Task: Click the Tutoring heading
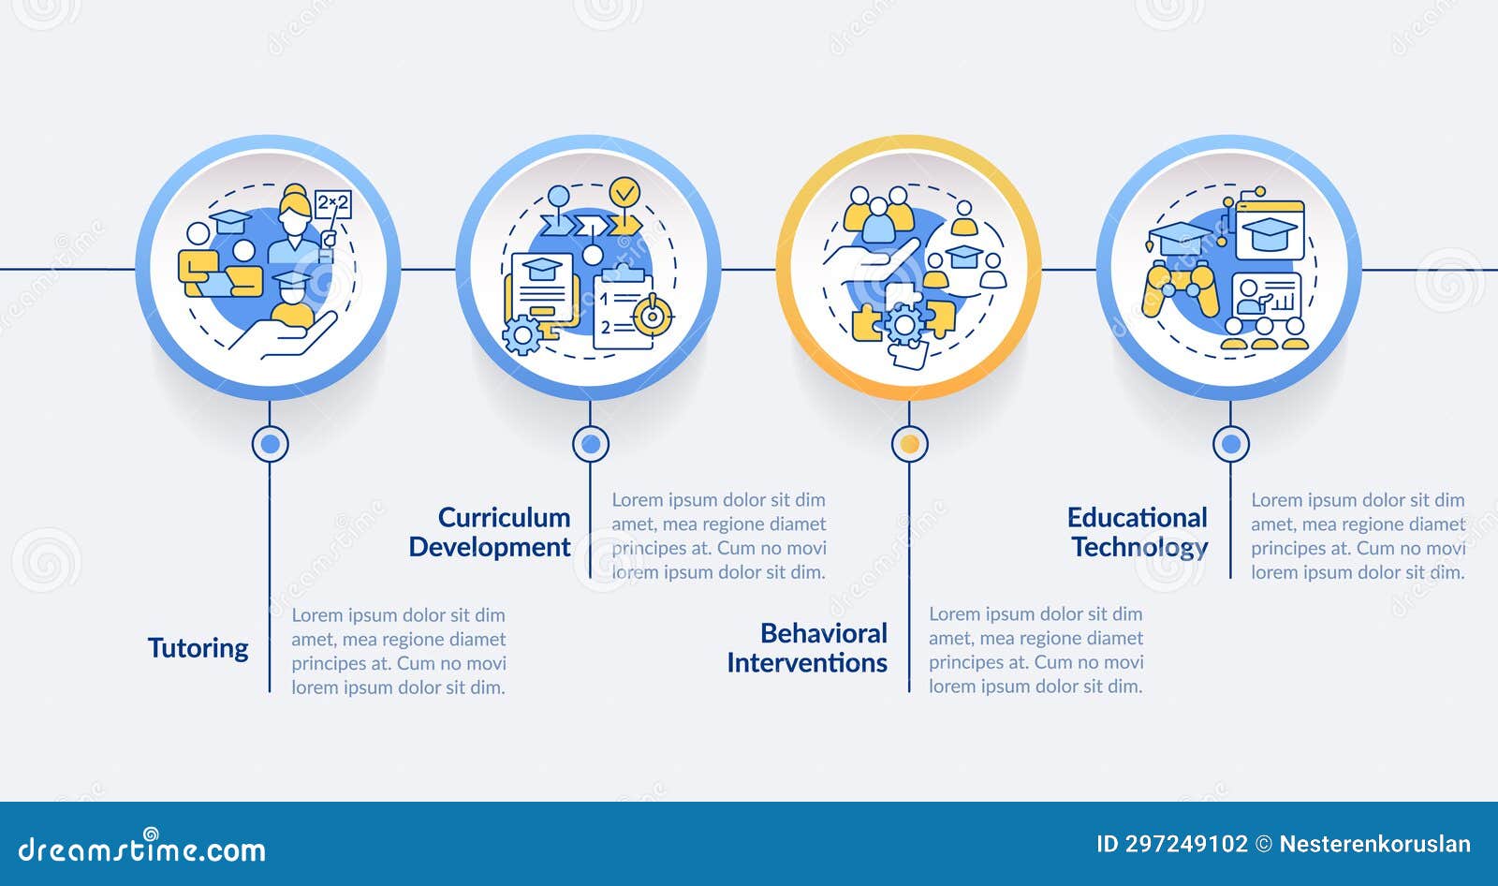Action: point(198,648)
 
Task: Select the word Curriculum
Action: point(505,517)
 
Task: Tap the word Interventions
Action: point(807,662)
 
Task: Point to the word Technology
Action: point(1140,547)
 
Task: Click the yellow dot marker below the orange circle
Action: point(909,444)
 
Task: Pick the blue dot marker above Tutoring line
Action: point(271,444)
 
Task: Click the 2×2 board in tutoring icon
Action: point(332,203)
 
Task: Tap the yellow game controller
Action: point(1180,289)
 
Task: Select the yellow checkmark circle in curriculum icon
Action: point(624,193)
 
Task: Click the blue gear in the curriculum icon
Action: point(521,334)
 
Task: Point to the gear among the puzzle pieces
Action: point(904,325)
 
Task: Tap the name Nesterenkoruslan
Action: point(1375,845)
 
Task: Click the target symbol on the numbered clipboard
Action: point(653,316)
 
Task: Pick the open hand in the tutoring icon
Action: point(284,335)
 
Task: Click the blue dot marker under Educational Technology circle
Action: point(1231,444)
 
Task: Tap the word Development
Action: point(490,547)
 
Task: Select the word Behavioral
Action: point(824,633)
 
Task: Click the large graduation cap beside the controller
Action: point(1179,239)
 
